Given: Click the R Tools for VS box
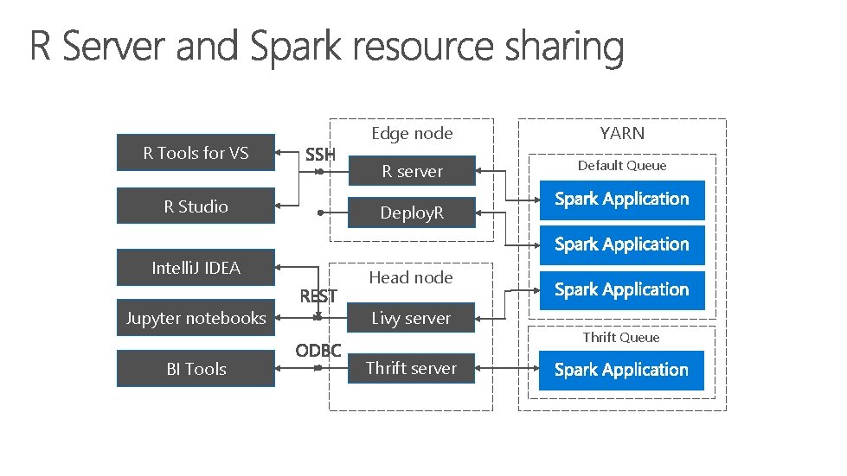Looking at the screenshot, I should pos(196,154).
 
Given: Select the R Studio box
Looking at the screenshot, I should pos(196,206).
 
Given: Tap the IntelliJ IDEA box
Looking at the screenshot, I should pos(196,268).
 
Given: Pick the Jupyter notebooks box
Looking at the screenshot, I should pos(196,318).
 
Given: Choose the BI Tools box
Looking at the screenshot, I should pos(196,369).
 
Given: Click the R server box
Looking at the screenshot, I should pos(412,171).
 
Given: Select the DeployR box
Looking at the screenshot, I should pos(412,213).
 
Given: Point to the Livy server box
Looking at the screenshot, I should pos(411,318).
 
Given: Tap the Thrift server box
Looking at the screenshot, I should pos(411,368).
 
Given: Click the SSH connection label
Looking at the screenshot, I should pos(320,155).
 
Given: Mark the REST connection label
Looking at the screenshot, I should pos(318,296).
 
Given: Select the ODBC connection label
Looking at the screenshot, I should pos(318,351).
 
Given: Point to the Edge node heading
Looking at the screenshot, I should pos(412,133).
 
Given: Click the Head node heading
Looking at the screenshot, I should pos(411,277).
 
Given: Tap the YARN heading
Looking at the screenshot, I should pos(622,133).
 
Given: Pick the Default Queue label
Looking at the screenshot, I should pos(622,165).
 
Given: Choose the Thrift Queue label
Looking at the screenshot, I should pos(621,337).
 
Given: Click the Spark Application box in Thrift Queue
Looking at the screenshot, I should pos(621,370).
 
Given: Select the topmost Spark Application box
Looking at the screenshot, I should pos(621,200).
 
